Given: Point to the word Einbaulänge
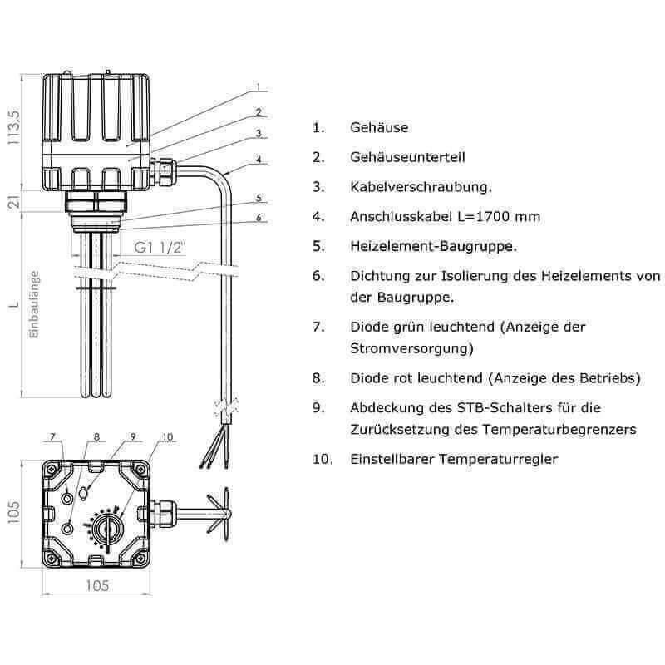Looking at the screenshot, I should click(x=34, y=303).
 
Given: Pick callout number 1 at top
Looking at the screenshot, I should click(x=259, y=87).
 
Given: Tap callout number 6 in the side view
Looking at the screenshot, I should click(x=259, y=218).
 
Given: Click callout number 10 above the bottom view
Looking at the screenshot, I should click(x=168, y=436).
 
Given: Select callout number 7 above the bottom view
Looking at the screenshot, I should click(x=52, y=436).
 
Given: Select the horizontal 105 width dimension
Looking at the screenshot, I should click(x=97, y=586).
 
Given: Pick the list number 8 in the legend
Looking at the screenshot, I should click(x=318, y=378).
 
